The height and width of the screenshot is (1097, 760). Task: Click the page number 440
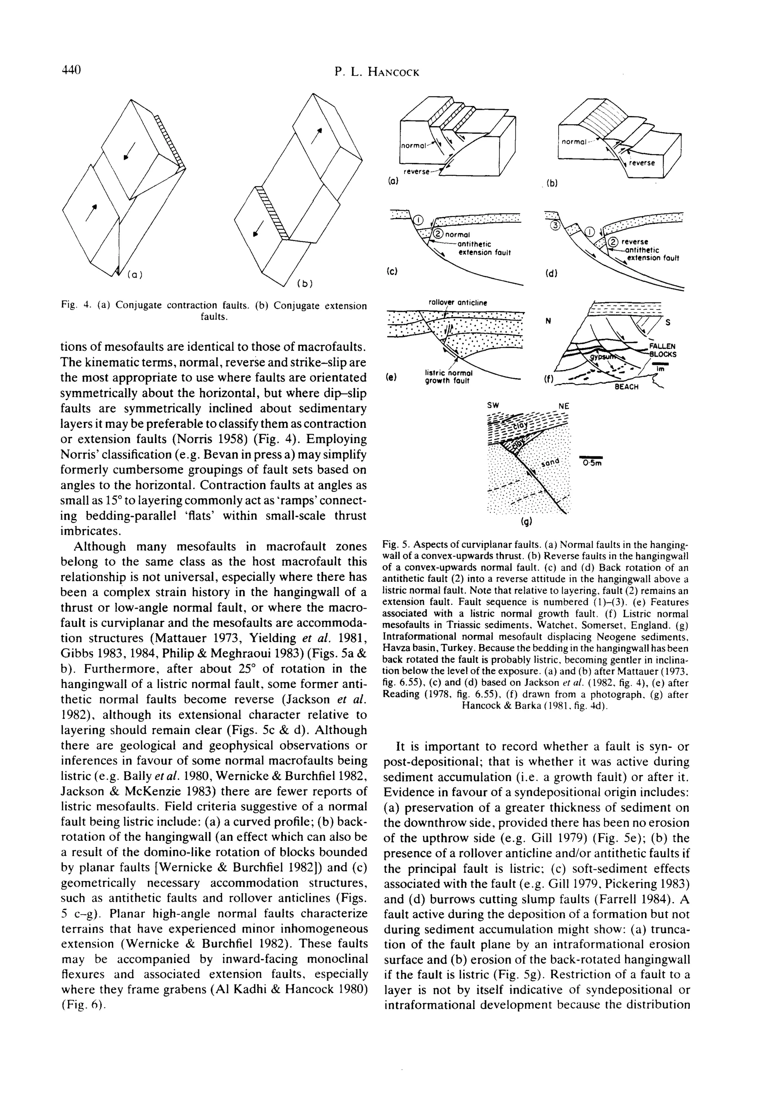point(71,70)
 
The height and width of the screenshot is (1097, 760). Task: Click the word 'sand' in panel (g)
point(550,464)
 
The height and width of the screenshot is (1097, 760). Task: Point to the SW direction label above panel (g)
point(493,406)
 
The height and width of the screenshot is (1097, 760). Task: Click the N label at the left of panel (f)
point(548,321)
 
